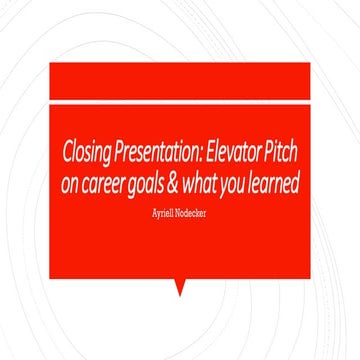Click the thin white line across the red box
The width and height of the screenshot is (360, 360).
[180, 101]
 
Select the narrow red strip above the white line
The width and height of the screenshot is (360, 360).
[180, 80]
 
